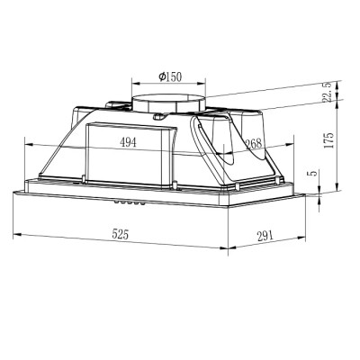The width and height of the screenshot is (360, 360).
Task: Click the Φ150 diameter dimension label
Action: coord(170,76)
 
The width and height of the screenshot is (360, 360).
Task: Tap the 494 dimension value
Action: coord(128,142)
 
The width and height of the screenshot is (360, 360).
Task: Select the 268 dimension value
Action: coord(254,144)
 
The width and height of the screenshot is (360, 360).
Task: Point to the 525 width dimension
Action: coord(120,234)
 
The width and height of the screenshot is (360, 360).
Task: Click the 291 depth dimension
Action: coord(265,236)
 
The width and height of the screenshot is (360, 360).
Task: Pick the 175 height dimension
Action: coord(329,139)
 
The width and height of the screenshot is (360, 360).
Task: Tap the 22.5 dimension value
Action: coord(328,93)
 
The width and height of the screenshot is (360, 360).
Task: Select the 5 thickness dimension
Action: coord(312,174)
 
